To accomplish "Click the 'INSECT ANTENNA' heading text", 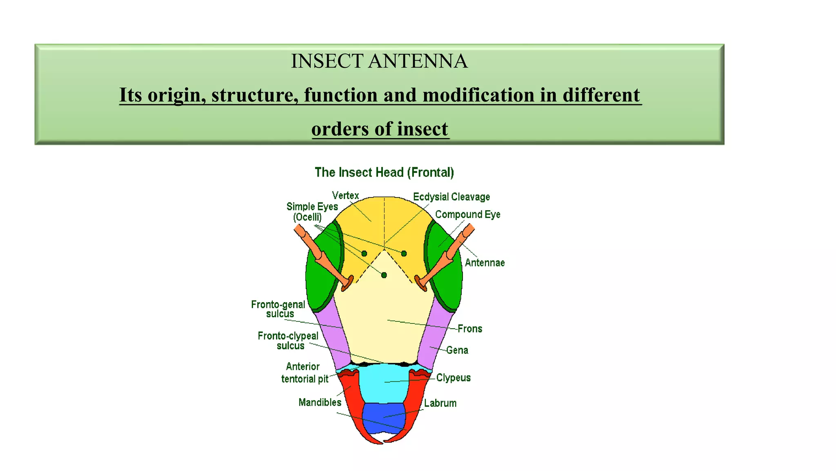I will click(379, 61).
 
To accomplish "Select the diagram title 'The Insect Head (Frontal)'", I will click(384, 173).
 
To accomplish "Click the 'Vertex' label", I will click(345, 195).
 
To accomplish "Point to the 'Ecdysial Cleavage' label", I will click(451, 197).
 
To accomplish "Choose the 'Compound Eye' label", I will click(467, 215).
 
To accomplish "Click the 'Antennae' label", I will click(485, 263).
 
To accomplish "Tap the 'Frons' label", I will click(469, 329).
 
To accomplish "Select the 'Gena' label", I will click(457, 350).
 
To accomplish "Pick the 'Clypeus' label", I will click(453, 378).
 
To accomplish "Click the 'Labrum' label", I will click(440, 403).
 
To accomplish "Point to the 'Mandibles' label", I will click(320, 402).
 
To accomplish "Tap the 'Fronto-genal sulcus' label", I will click(278, 309).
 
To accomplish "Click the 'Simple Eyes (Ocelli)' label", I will click(311, 212).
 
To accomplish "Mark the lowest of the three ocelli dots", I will click(384, 275).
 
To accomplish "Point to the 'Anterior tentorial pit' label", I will click(304, 372).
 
